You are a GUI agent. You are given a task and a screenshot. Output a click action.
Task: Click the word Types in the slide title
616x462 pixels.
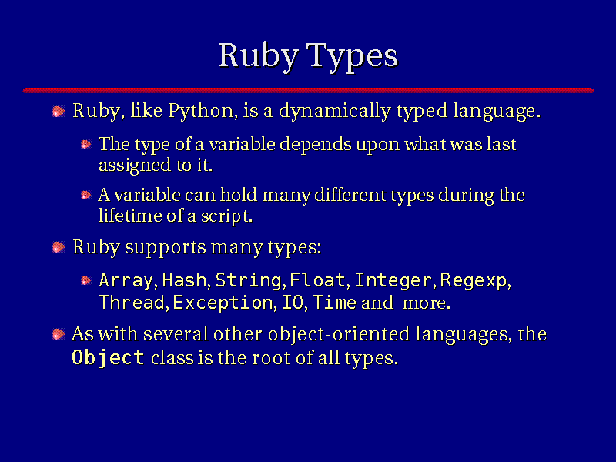coord(352,56)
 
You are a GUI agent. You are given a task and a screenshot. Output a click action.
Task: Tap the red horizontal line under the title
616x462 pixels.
coord(309,90)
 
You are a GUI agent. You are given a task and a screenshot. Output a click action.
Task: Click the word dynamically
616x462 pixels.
coord(335,111)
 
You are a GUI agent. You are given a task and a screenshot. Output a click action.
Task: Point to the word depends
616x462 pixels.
coord(316,145)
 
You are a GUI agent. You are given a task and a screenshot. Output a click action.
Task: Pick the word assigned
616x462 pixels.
coord(135,166)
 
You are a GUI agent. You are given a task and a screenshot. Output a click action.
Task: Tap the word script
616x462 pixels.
coord(226,216)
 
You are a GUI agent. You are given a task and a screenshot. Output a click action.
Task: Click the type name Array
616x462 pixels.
coord(126,280)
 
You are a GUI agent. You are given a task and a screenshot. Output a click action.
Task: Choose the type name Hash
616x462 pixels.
coord(184,280)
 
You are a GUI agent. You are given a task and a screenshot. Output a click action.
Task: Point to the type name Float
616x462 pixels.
coord(317,280)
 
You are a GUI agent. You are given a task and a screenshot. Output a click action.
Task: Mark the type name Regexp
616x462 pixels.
coord(474,281)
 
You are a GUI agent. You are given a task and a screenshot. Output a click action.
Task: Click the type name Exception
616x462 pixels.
coord(223,303)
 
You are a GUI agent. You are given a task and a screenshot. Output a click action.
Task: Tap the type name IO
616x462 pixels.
coord(293,303)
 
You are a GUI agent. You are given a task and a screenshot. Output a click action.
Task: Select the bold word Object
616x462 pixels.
coord(108,358)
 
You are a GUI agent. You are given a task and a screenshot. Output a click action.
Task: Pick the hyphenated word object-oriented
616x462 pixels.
coord(339,335)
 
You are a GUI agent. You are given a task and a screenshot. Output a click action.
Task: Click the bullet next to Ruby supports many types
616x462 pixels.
coord(59,247)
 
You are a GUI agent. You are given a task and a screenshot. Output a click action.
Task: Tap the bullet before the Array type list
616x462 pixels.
coord(85,280)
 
